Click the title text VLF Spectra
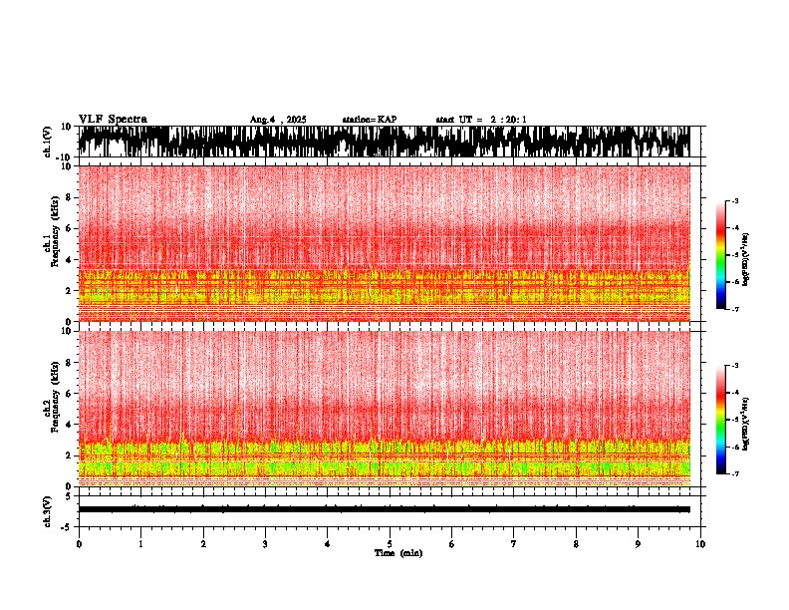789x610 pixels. (113, 119)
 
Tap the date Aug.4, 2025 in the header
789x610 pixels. (278, 120)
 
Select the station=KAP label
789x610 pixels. (369, 120)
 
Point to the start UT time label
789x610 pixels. (481, 120)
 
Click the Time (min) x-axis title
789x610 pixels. (397, 552)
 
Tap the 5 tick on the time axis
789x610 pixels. (390, 543)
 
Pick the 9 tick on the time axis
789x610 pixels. (639, 543)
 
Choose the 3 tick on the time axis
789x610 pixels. (265, 543)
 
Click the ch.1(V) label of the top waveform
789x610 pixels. (49, 142)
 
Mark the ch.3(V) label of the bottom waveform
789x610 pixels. (49, 509)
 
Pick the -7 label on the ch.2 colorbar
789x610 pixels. (735, 473)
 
